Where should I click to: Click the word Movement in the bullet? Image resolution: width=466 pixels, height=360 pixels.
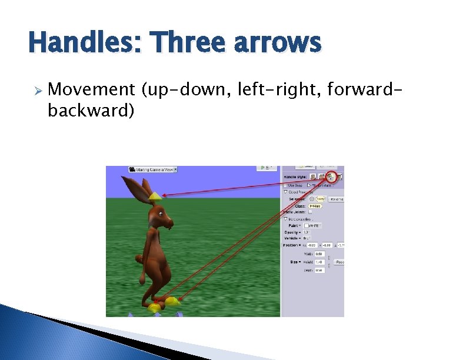[91, 90]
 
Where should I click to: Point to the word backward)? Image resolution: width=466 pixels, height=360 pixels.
[91, 110]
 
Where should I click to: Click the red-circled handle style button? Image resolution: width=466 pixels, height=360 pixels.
[331, 176]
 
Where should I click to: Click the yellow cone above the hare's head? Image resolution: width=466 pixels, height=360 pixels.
[154, 195]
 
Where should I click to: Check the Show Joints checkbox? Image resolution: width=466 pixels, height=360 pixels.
[311, 212]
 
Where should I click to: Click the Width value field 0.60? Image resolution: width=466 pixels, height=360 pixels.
[319, 254]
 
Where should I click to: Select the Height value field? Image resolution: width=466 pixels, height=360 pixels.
[319, 262]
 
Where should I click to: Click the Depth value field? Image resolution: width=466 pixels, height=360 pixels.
[319, 270]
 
